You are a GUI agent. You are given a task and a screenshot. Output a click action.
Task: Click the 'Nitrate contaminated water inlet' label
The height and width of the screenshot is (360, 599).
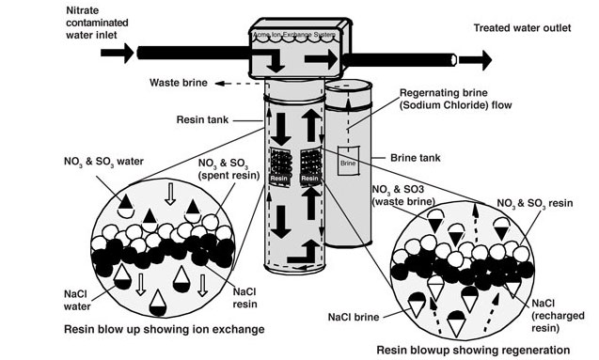(46, 20)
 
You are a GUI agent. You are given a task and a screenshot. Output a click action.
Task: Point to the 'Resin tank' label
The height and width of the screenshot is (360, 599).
(203, 119)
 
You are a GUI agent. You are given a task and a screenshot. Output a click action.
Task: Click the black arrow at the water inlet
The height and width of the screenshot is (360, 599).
(118, 53)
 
